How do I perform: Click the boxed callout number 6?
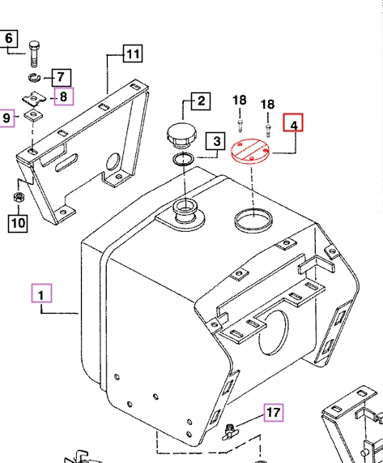click(x=8, y=38)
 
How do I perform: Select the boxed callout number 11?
click(x=133, y=54)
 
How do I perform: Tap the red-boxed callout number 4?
click(x=293, y=122)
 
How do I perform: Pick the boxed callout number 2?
click(x=201, y=101)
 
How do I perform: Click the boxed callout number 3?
click(x=216, y=141)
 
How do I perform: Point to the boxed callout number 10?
click(x=18, y=224)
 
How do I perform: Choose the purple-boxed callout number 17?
click(x=274, y=413)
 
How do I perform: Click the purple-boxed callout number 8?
click(x=64, y=96)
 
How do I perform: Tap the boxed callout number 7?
click(x=62, y=78)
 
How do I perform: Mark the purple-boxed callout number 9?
click(x=6, y=118)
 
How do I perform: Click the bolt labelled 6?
click(x=35, y=54)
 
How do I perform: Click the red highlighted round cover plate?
click(x=250, y=151)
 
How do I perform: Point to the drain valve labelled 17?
click(x=230, y=431)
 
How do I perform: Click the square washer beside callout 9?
click(x=32, y=115)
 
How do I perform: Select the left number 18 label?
click(x=240, y=101)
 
